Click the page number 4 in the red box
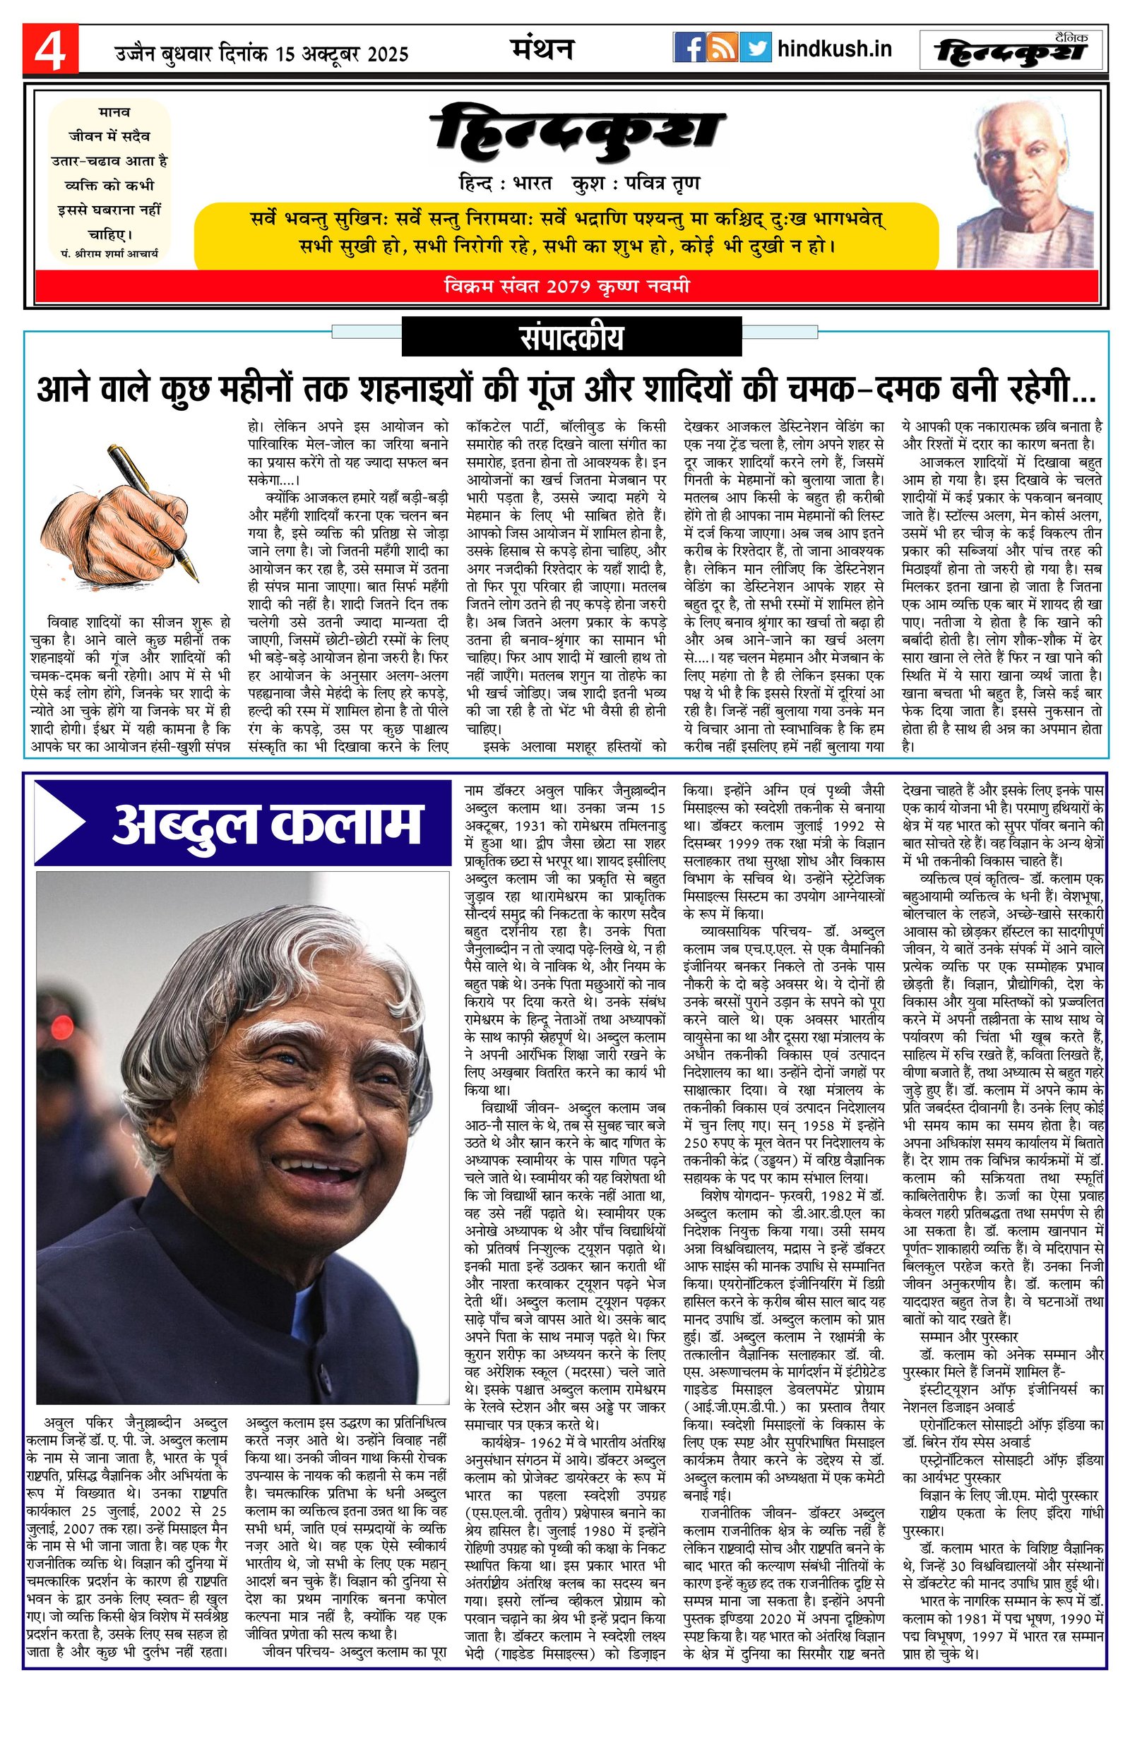[x=49, y=49]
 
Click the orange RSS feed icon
[x=723, y=48]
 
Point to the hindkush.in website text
[x=834, y=49]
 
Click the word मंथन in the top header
[x=541, y=48]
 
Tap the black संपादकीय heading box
[x=572, y=339]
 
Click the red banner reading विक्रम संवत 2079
[x=566, y=287]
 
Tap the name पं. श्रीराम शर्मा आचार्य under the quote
[x=109, y=253]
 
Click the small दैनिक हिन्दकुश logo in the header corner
[x=1011, y=49]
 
